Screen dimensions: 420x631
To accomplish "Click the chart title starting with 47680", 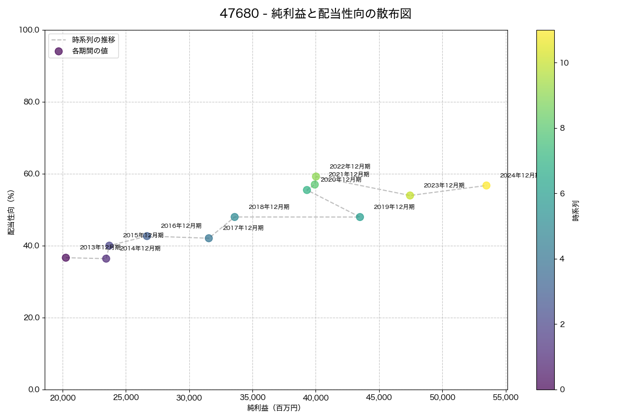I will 315,14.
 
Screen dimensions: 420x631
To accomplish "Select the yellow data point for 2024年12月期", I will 486,185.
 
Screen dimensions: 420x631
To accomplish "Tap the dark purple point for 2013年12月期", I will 66,258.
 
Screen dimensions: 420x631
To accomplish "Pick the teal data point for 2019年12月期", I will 360,217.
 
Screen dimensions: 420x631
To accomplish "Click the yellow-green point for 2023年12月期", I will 410,195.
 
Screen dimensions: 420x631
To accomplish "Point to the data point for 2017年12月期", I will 209,238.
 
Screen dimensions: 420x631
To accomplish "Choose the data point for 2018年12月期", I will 235,217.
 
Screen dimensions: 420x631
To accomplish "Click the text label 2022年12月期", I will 350,166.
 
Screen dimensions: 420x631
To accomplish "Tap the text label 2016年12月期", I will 181,226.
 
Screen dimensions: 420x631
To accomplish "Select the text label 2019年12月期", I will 394,207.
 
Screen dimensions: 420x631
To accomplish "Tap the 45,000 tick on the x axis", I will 379,397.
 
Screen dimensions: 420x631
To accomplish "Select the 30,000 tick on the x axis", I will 189,397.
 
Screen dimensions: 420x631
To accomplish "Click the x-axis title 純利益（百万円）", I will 274,408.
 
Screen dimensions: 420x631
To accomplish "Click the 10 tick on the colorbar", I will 565,62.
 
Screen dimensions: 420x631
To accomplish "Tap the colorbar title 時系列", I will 576,210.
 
